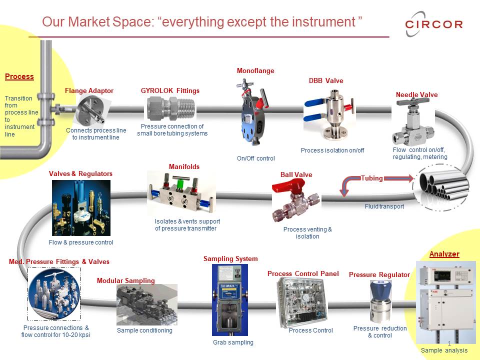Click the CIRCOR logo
point(433,24)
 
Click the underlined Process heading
point(19,76)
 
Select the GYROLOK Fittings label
point(170,90)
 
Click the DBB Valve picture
point(330,113)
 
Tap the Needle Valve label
point(416,94)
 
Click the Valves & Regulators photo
point(81,207)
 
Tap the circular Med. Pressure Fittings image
point(53,293)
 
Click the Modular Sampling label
point(125,280)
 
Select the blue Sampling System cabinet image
point(229,299)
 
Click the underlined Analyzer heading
point(444,254)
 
